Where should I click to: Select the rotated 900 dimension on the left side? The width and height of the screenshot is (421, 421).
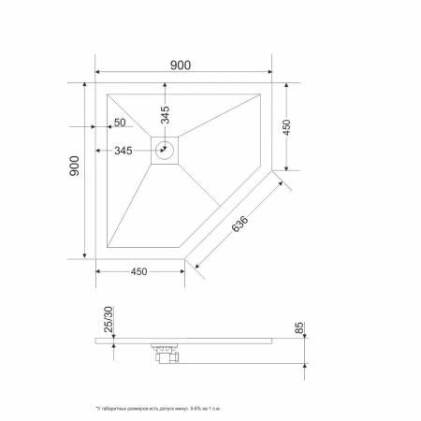coord(75,167)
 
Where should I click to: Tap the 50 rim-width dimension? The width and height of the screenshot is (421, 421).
coord(120,123)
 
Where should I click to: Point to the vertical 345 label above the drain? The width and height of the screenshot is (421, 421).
coord(166,115)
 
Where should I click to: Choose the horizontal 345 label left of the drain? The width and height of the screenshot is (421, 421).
coord(123,151)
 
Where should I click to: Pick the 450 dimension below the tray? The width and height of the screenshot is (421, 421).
coord(138,272)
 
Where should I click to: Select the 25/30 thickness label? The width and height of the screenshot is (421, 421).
coord(109,321)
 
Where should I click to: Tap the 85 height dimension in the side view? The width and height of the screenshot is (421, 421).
coord(298,327)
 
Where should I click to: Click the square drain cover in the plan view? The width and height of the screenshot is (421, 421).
coord(167,150)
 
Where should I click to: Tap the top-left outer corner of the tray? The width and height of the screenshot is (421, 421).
coord(96,83)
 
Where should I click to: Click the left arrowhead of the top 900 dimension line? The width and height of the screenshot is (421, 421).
coord(98,72)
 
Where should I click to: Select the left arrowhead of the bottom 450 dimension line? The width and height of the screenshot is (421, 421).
coord(98,271)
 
